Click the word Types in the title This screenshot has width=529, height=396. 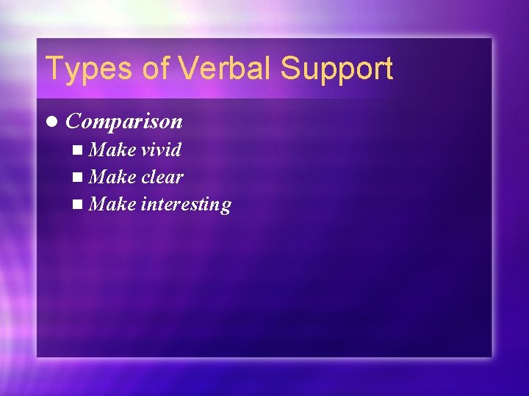tap(86, 69)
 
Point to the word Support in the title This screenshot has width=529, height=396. tap(337, 69)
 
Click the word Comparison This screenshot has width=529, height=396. tap(123, 122)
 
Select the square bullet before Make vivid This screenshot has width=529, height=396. tap(79, 150)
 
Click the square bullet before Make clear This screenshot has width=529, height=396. tap(79, 177)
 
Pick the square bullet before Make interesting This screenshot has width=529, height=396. tap(79, 205)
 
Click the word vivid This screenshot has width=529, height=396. tap(161, 150)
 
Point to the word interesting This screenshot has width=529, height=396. tap(185, 205)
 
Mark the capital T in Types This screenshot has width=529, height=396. tap(54, 68)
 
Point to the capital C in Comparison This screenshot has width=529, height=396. tap(73, 122)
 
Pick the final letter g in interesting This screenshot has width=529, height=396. tap(226, 207)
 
